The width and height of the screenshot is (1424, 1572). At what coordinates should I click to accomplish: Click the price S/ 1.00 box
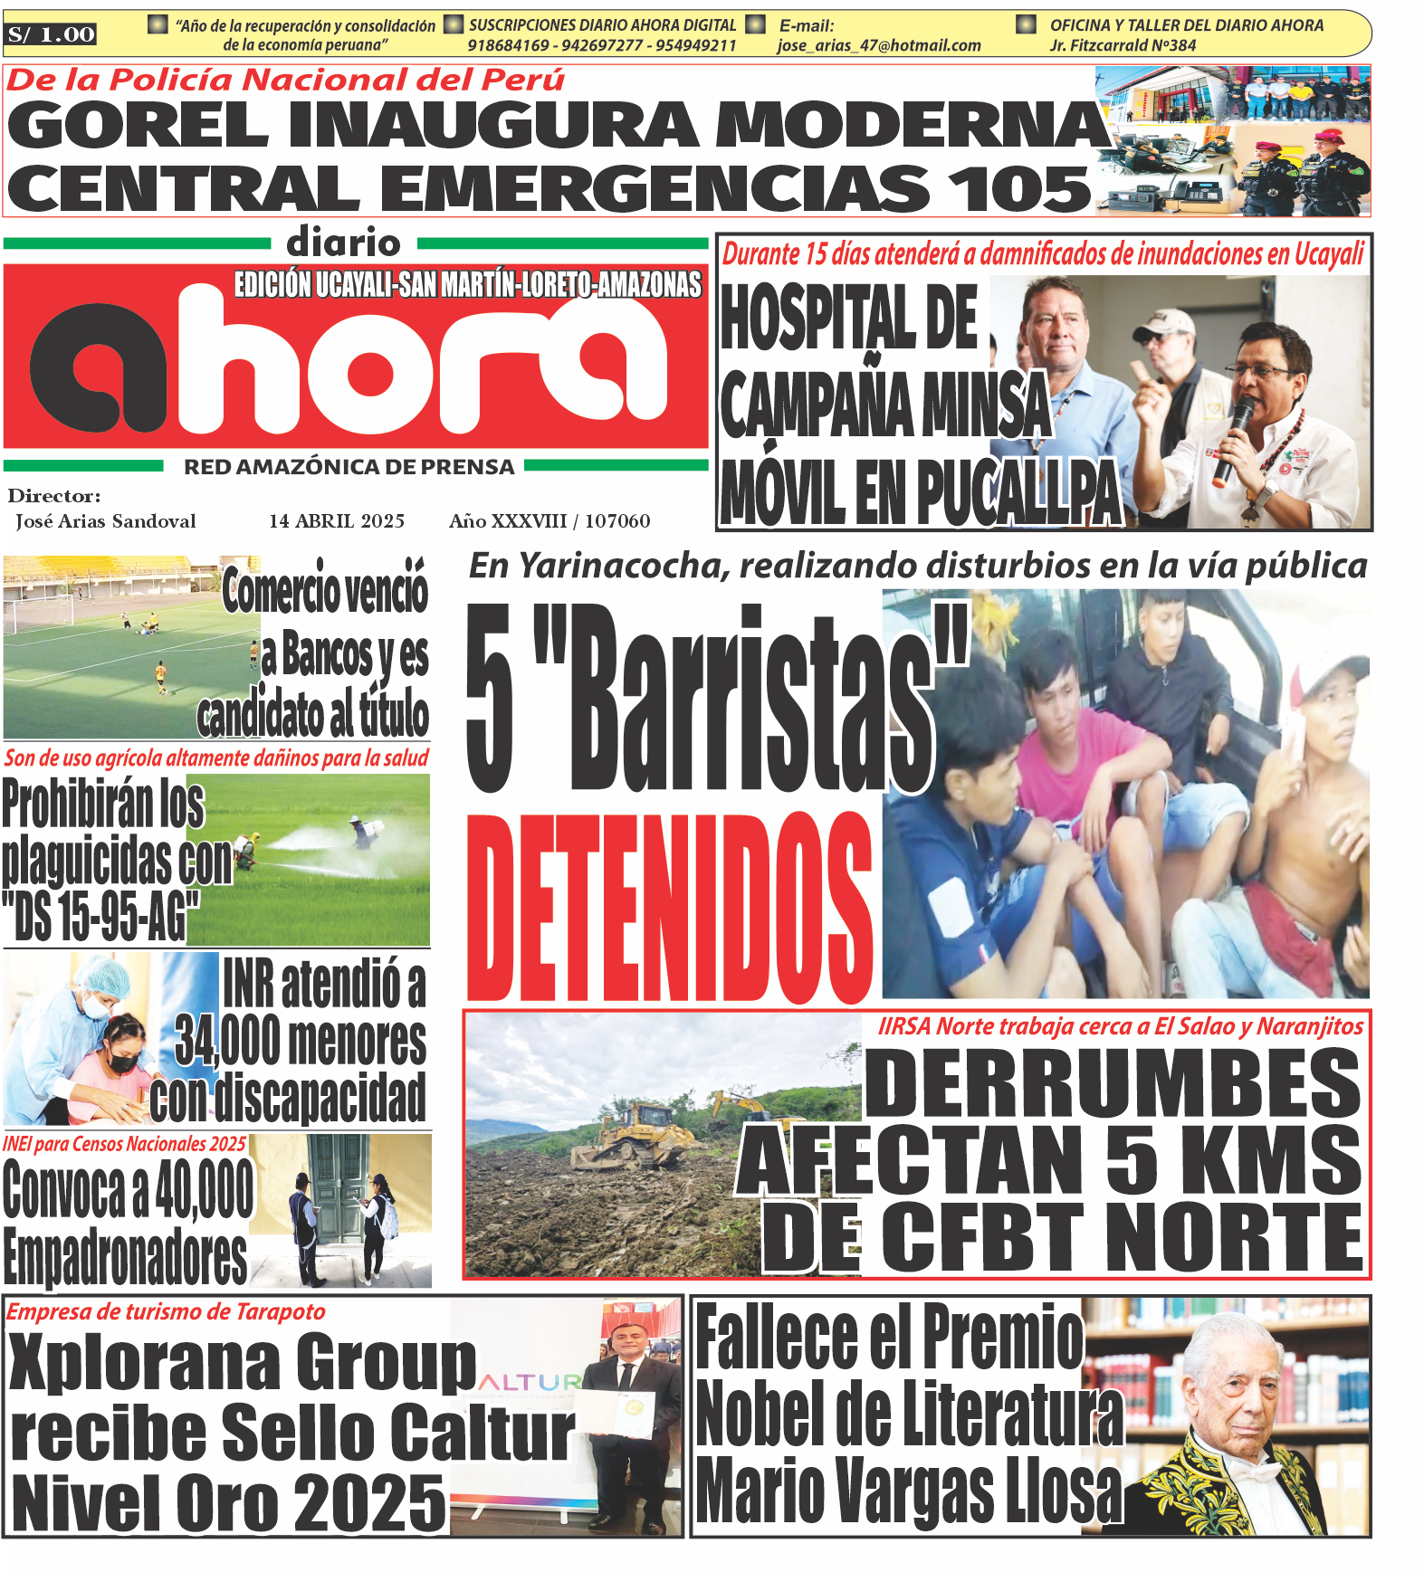click(x=52, y=35)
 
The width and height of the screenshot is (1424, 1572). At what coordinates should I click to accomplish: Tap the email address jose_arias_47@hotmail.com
click(x=878, y=45)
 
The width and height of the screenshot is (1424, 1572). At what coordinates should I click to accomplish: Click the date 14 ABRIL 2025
click(x=337, y=521)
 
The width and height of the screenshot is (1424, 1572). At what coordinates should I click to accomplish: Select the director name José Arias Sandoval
click(x=106, y=521)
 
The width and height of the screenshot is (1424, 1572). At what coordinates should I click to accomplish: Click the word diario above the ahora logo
click(x=343, y=243)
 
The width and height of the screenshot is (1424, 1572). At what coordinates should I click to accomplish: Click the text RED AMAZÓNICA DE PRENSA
click(x=349, y=467)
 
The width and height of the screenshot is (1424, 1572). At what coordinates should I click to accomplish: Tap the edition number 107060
click(x=617, y=521)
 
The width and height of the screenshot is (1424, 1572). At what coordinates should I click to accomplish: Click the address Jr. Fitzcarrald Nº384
click(x=1123, y=45)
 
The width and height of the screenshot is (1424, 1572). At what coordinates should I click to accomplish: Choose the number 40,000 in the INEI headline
click(x=205, y=1189)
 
